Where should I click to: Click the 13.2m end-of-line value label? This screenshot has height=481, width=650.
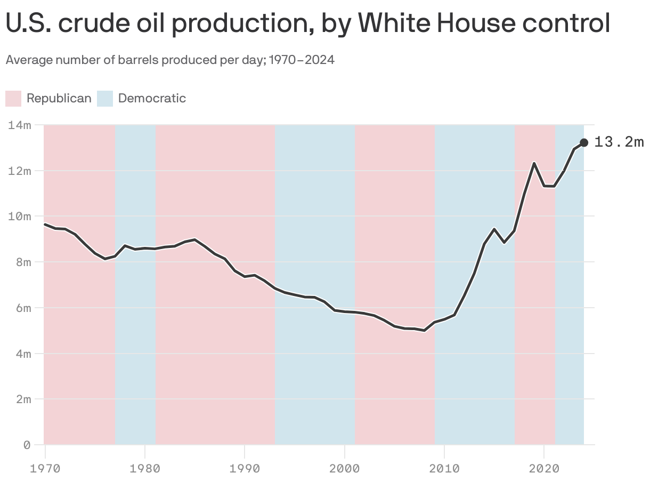[619, 142]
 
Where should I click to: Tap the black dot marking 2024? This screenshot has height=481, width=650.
[584, 142]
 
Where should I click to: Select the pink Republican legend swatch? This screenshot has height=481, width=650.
[13, 99]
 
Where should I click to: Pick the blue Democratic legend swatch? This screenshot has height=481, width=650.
[105, 99]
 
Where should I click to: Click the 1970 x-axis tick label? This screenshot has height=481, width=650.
[45, 469]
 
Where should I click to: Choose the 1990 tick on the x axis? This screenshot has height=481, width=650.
[245, 469]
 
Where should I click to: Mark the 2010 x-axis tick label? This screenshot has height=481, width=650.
[444, 469]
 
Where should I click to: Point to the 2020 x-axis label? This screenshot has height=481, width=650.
[543, 469]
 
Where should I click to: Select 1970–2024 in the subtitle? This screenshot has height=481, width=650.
[302, 60]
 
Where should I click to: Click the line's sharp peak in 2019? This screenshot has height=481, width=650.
[534, 163]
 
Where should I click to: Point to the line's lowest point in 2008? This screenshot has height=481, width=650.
[424, 331]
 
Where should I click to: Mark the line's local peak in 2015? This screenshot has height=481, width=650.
[494, 229]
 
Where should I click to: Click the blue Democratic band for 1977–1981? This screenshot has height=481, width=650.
[135, 347]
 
